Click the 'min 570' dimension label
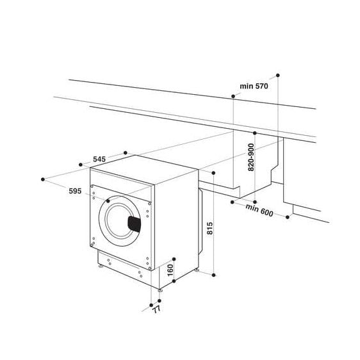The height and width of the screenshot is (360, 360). click(253, 86)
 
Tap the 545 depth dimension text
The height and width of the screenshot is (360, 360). click(99, 158)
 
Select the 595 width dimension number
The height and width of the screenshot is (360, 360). click(75, 191)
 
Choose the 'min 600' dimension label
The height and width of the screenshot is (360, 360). click(259, 209)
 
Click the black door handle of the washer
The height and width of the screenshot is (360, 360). click(135, 223)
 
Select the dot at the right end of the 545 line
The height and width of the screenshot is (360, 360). click(126, 152)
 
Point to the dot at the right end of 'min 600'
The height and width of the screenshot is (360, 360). click(287, 217)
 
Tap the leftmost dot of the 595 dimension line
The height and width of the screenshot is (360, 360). click(42, 178)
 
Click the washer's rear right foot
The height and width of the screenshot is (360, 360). click(196, 272)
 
